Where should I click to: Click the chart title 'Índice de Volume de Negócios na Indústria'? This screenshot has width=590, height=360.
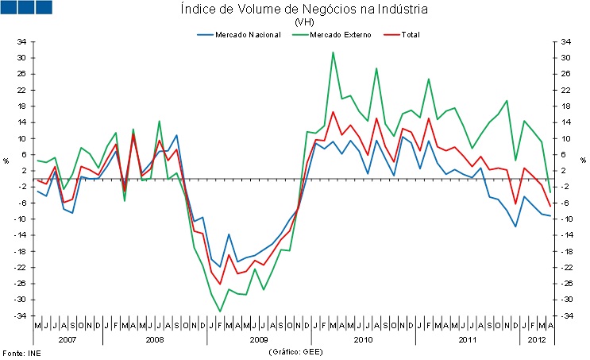304,10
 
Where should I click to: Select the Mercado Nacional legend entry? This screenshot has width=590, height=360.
239,35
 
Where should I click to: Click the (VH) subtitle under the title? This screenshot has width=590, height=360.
304,22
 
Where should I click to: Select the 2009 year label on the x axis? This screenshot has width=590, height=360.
258,339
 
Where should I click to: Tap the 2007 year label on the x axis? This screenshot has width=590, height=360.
67,339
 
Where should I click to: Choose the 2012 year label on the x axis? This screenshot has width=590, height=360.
536,339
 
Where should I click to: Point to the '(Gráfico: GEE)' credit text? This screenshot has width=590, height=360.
295,351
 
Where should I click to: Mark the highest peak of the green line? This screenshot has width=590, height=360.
333,52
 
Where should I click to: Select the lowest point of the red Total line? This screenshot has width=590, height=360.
220,284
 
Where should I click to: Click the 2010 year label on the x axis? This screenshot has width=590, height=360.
363,339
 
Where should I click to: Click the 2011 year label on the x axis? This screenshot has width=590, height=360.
467,339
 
